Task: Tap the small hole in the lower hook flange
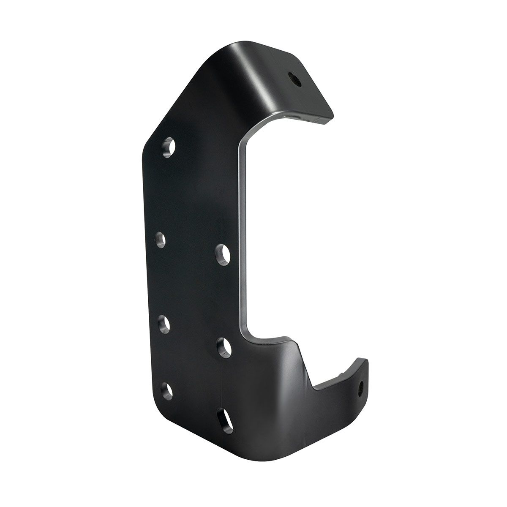[x=362, y=385]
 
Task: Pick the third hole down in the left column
[x=163, y=325]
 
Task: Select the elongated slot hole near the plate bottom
[x=224, y=419]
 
